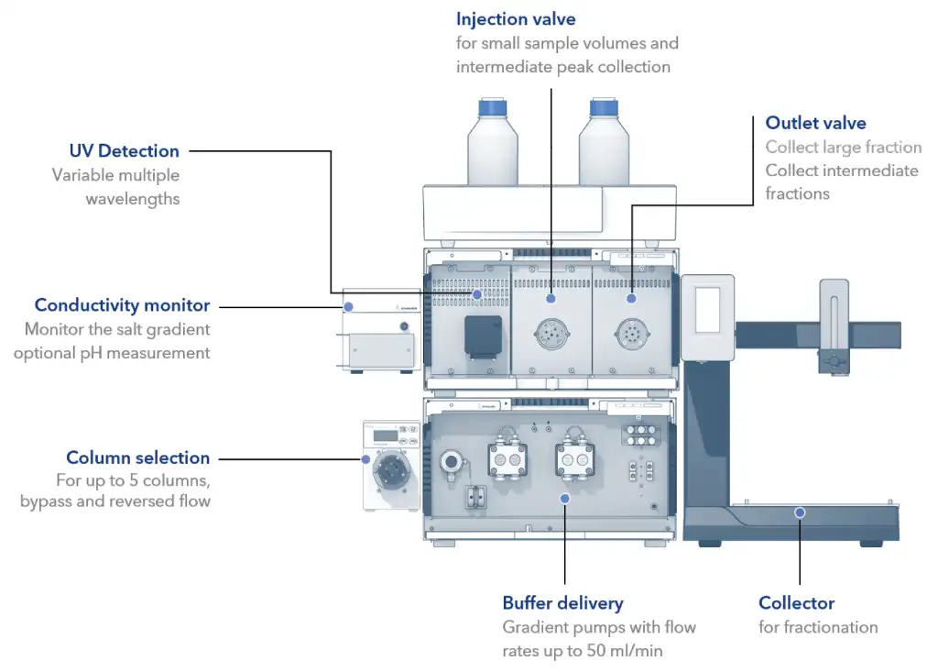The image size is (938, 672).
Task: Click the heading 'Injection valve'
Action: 517,18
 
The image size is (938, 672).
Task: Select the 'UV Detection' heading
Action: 125,151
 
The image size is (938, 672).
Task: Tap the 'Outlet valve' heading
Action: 815,123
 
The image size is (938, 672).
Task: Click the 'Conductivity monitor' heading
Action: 122,305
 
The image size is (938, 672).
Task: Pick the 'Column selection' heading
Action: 137,457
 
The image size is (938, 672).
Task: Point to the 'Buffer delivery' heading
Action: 562,603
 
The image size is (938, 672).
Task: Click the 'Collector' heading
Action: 796,603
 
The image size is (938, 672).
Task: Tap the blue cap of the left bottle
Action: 493,108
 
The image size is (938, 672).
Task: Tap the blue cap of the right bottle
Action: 605,108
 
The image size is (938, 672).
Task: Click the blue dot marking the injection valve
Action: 551,299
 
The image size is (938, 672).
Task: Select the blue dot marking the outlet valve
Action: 631,299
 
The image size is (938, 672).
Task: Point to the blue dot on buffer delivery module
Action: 564,499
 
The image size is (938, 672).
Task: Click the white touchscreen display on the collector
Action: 707,309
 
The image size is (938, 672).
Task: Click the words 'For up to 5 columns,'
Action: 133,480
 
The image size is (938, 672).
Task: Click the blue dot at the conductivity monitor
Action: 348,306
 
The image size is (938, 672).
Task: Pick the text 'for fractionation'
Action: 818,627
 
